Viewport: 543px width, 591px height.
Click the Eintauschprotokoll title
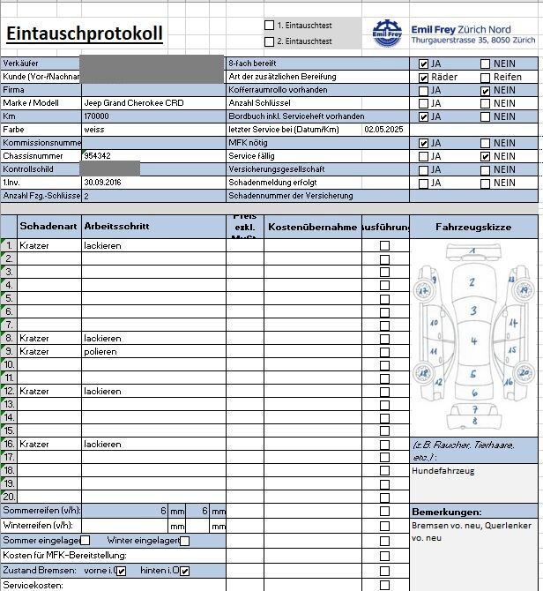coord(84,34)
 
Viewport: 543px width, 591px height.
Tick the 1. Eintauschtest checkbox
coord(270,25)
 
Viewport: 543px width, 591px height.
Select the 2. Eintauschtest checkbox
coord(270,41)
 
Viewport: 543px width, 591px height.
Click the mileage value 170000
coord(96,116)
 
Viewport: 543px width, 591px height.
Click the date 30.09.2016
coord(101,183)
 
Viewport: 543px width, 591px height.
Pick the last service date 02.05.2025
coord(382,130)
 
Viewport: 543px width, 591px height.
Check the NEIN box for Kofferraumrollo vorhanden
coord(485,91)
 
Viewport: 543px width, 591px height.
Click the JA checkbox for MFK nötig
coord(424,143)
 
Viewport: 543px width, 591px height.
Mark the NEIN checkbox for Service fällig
coord(485,156)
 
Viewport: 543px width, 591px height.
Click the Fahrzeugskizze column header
coord(473,228)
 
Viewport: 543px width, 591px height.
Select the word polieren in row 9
coord(100,351)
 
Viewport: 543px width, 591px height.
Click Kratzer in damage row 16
coord(34,444)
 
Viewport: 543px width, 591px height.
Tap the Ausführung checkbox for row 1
coord(384,246)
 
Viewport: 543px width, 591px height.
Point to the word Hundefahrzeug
coord(443,471)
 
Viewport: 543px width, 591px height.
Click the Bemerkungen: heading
coord(446,512)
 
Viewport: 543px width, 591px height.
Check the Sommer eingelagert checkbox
coord(86,540)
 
